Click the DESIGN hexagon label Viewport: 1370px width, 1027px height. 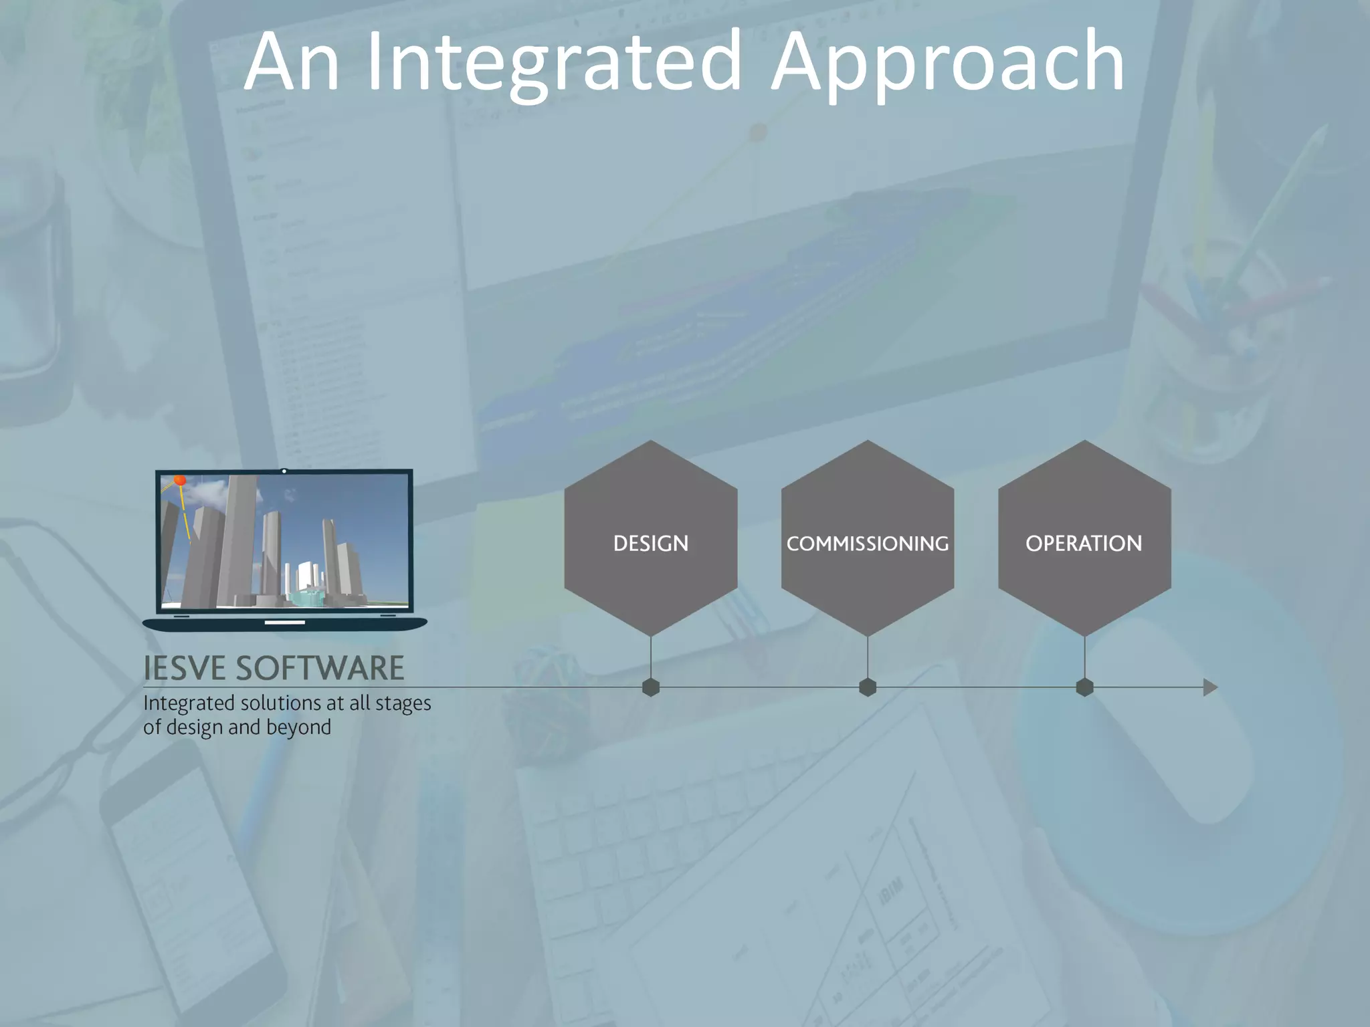[x=650, y=544]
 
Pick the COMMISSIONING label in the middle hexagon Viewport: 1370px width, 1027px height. [x=867, y=544]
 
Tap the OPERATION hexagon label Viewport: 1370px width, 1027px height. [x=1084, y=544]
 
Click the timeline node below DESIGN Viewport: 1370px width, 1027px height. [x=651, y=687]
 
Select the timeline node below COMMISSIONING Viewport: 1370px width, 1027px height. [x=868, y=687]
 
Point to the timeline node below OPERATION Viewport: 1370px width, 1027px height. [x=1084, y=687]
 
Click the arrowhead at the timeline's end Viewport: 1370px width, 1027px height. [x=1209, y=687]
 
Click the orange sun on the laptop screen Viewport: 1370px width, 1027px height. [x=179, y=480]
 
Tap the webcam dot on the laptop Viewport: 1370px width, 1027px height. [x=284, y=471]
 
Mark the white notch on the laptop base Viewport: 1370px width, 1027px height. [x=285, y=622]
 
